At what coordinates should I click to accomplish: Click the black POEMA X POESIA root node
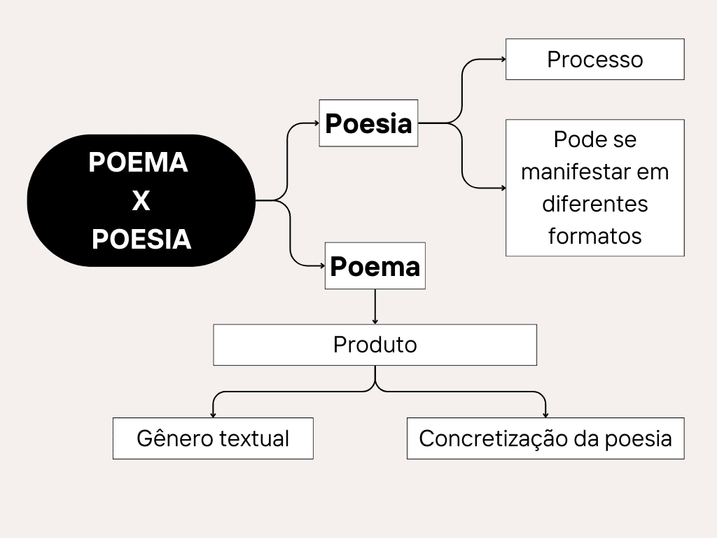point(141,200)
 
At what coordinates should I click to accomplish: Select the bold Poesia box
point(368,123)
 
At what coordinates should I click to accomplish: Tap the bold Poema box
point(375,266)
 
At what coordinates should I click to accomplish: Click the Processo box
point(594,59)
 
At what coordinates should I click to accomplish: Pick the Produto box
point(375,345)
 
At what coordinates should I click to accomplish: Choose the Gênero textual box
point(213,439)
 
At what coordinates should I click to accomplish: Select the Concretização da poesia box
point(545,439)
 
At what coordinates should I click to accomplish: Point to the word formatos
point(594,235)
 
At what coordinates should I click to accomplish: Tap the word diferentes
point(594,204)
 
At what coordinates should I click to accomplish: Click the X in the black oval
point(141,201)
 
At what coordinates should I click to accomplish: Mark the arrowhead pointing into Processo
point(502,59)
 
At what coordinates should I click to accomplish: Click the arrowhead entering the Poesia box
point(316,123)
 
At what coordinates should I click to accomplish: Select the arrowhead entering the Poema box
point(321,266)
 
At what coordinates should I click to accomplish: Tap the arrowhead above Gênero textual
point(213,415)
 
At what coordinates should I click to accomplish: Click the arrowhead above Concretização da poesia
point(545,415)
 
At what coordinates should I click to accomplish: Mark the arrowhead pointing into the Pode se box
point(502,188)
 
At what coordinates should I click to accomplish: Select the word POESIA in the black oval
point(141,240)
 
